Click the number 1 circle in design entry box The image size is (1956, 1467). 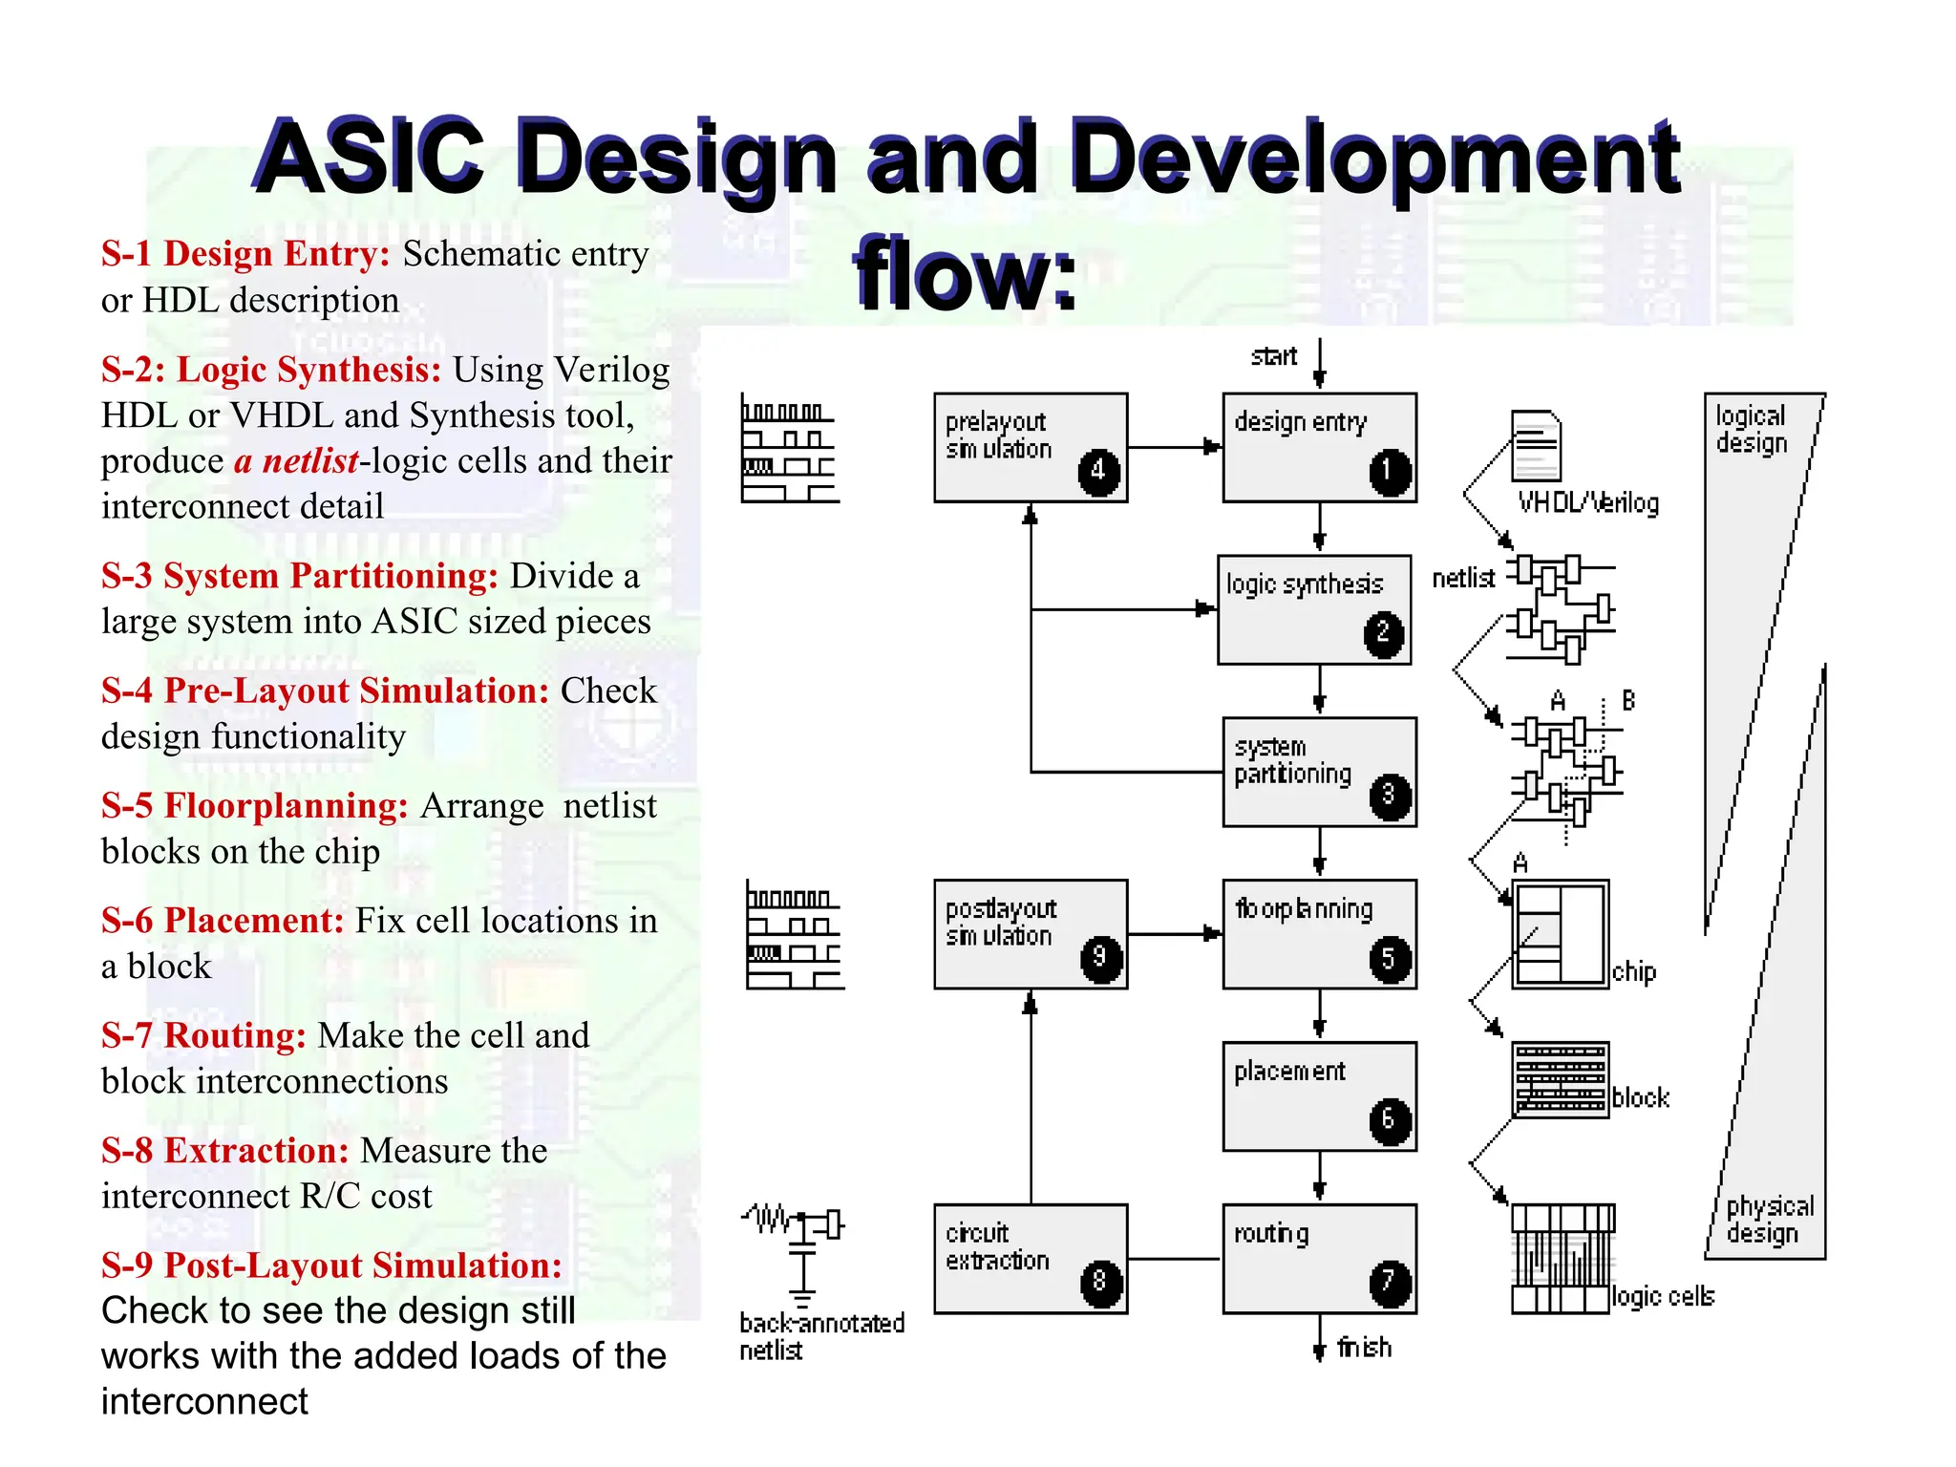[1389, 472]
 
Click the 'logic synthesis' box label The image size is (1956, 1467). [1304, 585]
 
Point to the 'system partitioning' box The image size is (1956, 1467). [1318, 772]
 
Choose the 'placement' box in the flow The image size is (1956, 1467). [1318, 1095]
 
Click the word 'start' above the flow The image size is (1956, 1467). [1274, 357]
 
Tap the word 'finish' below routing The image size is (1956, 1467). [1364, 1348]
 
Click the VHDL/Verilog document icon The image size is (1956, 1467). [1536, 446]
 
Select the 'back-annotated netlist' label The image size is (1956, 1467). [819, 1336]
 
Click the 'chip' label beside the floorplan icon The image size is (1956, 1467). [1634, 972]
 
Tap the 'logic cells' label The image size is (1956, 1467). [1663, 1296]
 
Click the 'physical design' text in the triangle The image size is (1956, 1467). [1768, 1220]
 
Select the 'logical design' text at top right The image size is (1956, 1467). [1751, 429]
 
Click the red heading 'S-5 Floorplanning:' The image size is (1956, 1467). [255, 806]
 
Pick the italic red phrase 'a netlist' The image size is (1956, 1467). [296, 461]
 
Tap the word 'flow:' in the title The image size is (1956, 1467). [965, 274]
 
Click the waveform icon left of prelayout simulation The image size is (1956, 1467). [789, 449]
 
